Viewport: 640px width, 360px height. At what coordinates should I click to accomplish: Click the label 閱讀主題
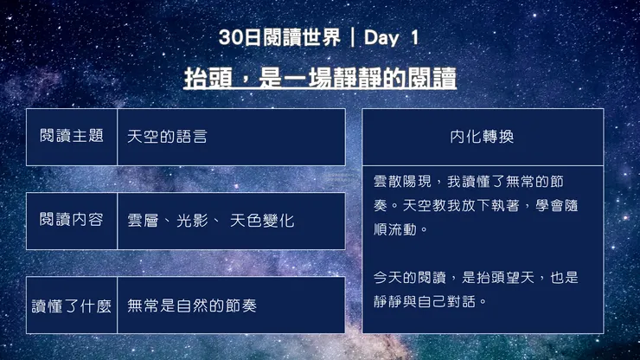tap(72, 137)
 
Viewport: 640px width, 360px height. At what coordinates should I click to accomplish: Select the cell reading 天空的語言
tap(167, 137)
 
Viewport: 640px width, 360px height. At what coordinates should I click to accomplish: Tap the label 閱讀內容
tap(72, 220)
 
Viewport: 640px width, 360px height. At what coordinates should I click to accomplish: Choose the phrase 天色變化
tap(262, 221)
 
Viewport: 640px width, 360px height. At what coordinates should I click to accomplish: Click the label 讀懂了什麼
tap(72, 305)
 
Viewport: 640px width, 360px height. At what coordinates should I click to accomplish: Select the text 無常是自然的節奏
tap(191, 305)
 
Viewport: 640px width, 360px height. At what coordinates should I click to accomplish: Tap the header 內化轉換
tap(482, 137)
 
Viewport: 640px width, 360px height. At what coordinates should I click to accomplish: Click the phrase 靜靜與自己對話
tap(431, 302)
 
